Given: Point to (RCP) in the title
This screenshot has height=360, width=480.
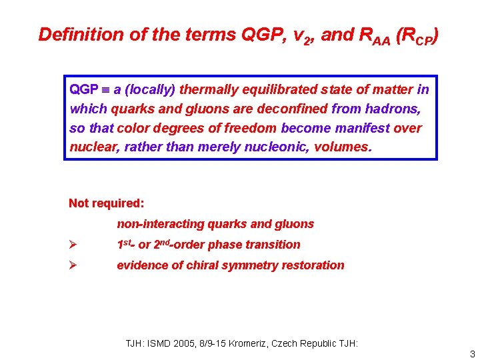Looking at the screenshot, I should pyautogui.click(x=417, y=35).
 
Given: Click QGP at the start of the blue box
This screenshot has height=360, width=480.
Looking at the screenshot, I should pyautogui.click(x=83, y=89).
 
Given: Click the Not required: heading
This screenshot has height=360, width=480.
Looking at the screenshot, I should pyautogui.click(x=106, y=203).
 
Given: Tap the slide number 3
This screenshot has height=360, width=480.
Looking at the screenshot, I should pyautogui.click(x=472, y=353).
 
